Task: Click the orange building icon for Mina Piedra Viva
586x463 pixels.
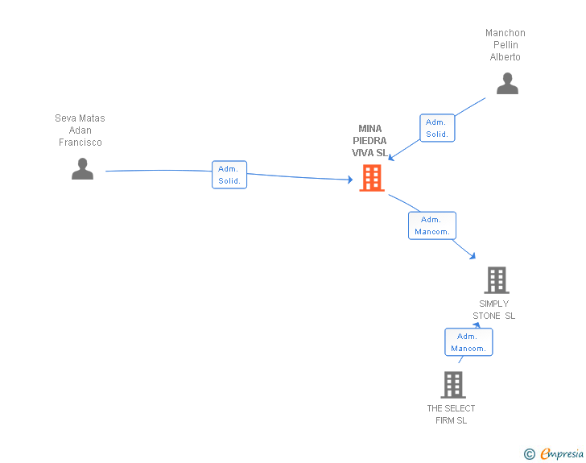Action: (372, 178)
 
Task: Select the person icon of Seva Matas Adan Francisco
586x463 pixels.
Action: (83, 168)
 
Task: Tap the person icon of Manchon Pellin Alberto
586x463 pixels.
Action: (507, 84)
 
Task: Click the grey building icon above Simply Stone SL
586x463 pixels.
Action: (497, 279)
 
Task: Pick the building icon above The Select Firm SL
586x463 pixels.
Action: (453, 384)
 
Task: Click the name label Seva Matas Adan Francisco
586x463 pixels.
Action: (80, 130)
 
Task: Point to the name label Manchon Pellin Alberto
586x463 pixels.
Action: (506, 45)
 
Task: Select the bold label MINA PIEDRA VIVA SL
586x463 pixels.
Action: (369, 141)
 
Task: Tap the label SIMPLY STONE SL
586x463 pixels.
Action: (493, 310)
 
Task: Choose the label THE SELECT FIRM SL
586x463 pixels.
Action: (451, 415)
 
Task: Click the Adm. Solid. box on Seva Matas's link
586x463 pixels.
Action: (229, 175)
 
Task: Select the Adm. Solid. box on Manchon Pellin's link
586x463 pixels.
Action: (437, 128)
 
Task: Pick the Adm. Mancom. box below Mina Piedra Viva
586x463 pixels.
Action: (432, 225)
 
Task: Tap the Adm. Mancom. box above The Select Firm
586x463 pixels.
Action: (468, 342)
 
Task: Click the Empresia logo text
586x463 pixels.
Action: (562, 453)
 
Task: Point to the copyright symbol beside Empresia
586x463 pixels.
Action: (530, 454)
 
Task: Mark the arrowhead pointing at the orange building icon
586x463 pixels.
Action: (350, 180)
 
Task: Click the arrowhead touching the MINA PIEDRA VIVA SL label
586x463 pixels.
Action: (391, 158)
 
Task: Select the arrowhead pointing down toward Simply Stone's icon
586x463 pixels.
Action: (473, 256)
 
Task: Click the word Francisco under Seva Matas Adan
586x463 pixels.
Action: (80, 142)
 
